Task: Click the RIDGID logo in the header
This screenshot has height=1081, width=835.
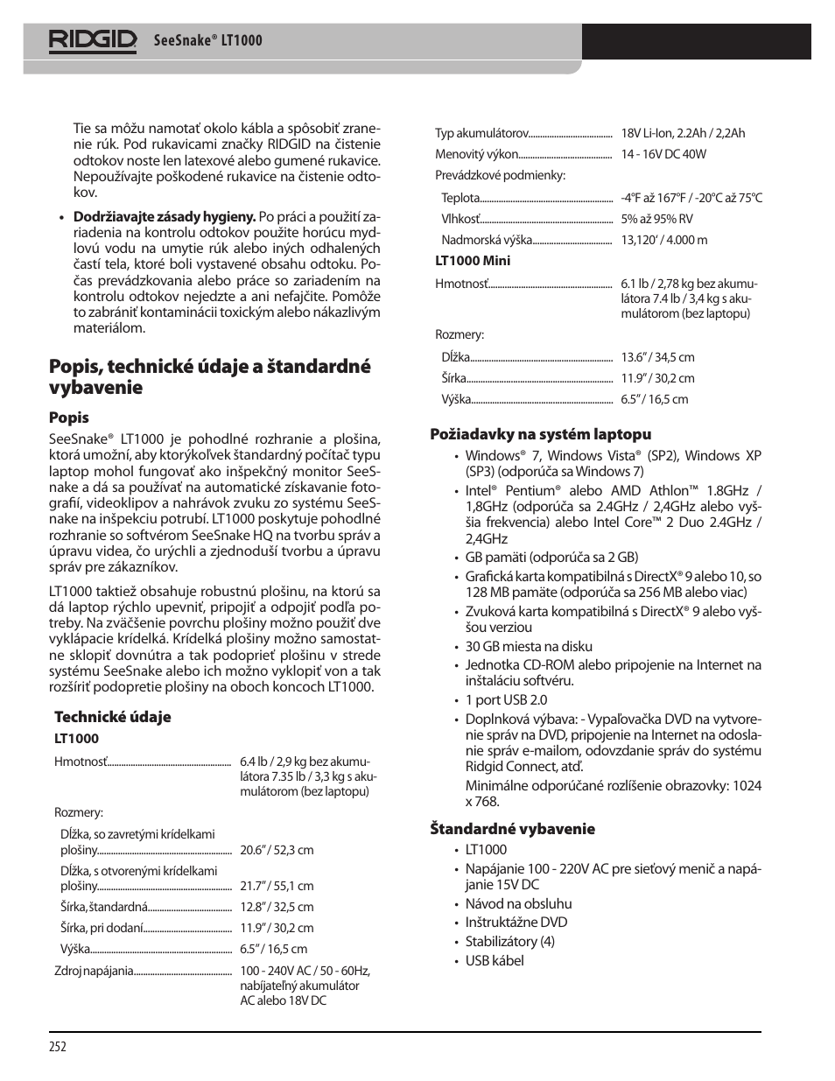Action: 93,40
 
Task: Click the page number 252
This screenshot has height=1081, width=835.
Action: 58,1047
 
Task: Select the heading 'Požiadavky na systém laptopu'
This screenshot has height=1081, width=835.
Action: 540,434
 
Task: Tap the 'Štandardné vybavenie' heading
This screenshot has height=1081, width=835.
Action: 512,829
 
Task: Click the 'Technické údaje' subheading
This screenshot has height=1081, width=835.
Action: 113,717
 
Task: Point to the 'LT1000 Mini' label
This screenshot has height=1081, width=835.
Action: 473,261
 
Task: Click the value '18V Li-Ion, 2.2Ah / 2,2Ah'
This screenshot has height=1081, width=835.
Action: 683,133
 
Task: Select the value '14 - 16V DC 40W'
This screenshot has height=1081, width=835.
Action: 663,154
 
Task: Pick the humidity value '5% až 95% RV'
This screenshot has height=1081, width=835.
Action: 656,219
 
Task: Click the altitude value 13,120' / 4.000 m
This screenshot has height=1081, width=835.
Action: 664,240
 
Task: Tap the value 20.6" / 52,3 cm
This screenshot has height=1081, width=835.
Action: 277,850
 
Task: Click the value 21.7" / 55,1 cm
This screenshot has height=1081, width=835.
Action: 277,886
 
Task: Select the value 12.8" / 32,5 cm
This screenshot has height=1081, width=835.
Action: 277,907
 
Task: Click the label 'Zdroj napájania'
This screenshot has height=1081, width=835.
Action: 94,971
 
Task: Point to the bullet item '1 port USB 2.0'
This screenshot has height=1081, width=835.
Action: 506,699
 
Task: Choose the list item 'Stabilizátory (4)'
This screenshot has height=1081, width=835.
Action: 509,941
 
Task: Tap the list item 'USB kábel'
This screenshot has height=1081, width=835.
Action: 495,960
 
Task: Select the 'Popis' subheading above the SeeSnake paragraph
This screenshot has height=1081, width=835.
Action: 69,418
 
